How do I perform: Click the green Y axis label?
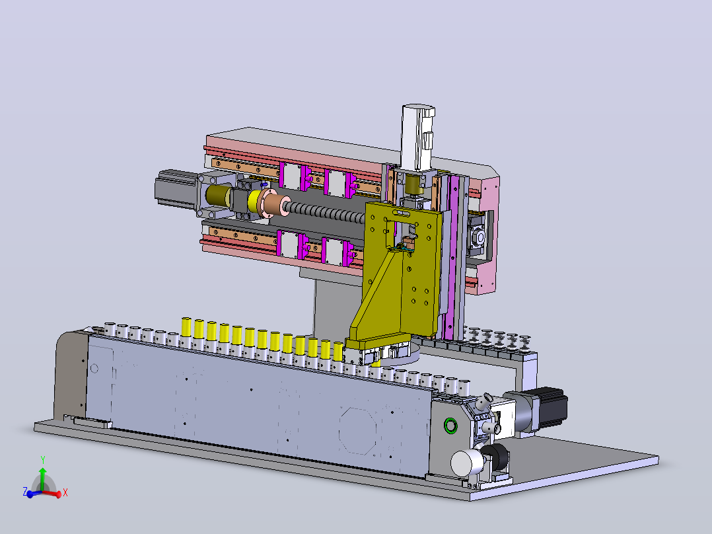tap(43, 460)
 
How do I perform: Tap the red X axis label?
tap(65, 492)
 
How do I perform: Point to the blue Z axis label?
tap(25, 491)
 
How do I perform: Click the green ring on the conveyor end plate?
tap(450, 426)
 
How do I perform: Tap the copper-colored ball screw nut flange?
tap(272, 206)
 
